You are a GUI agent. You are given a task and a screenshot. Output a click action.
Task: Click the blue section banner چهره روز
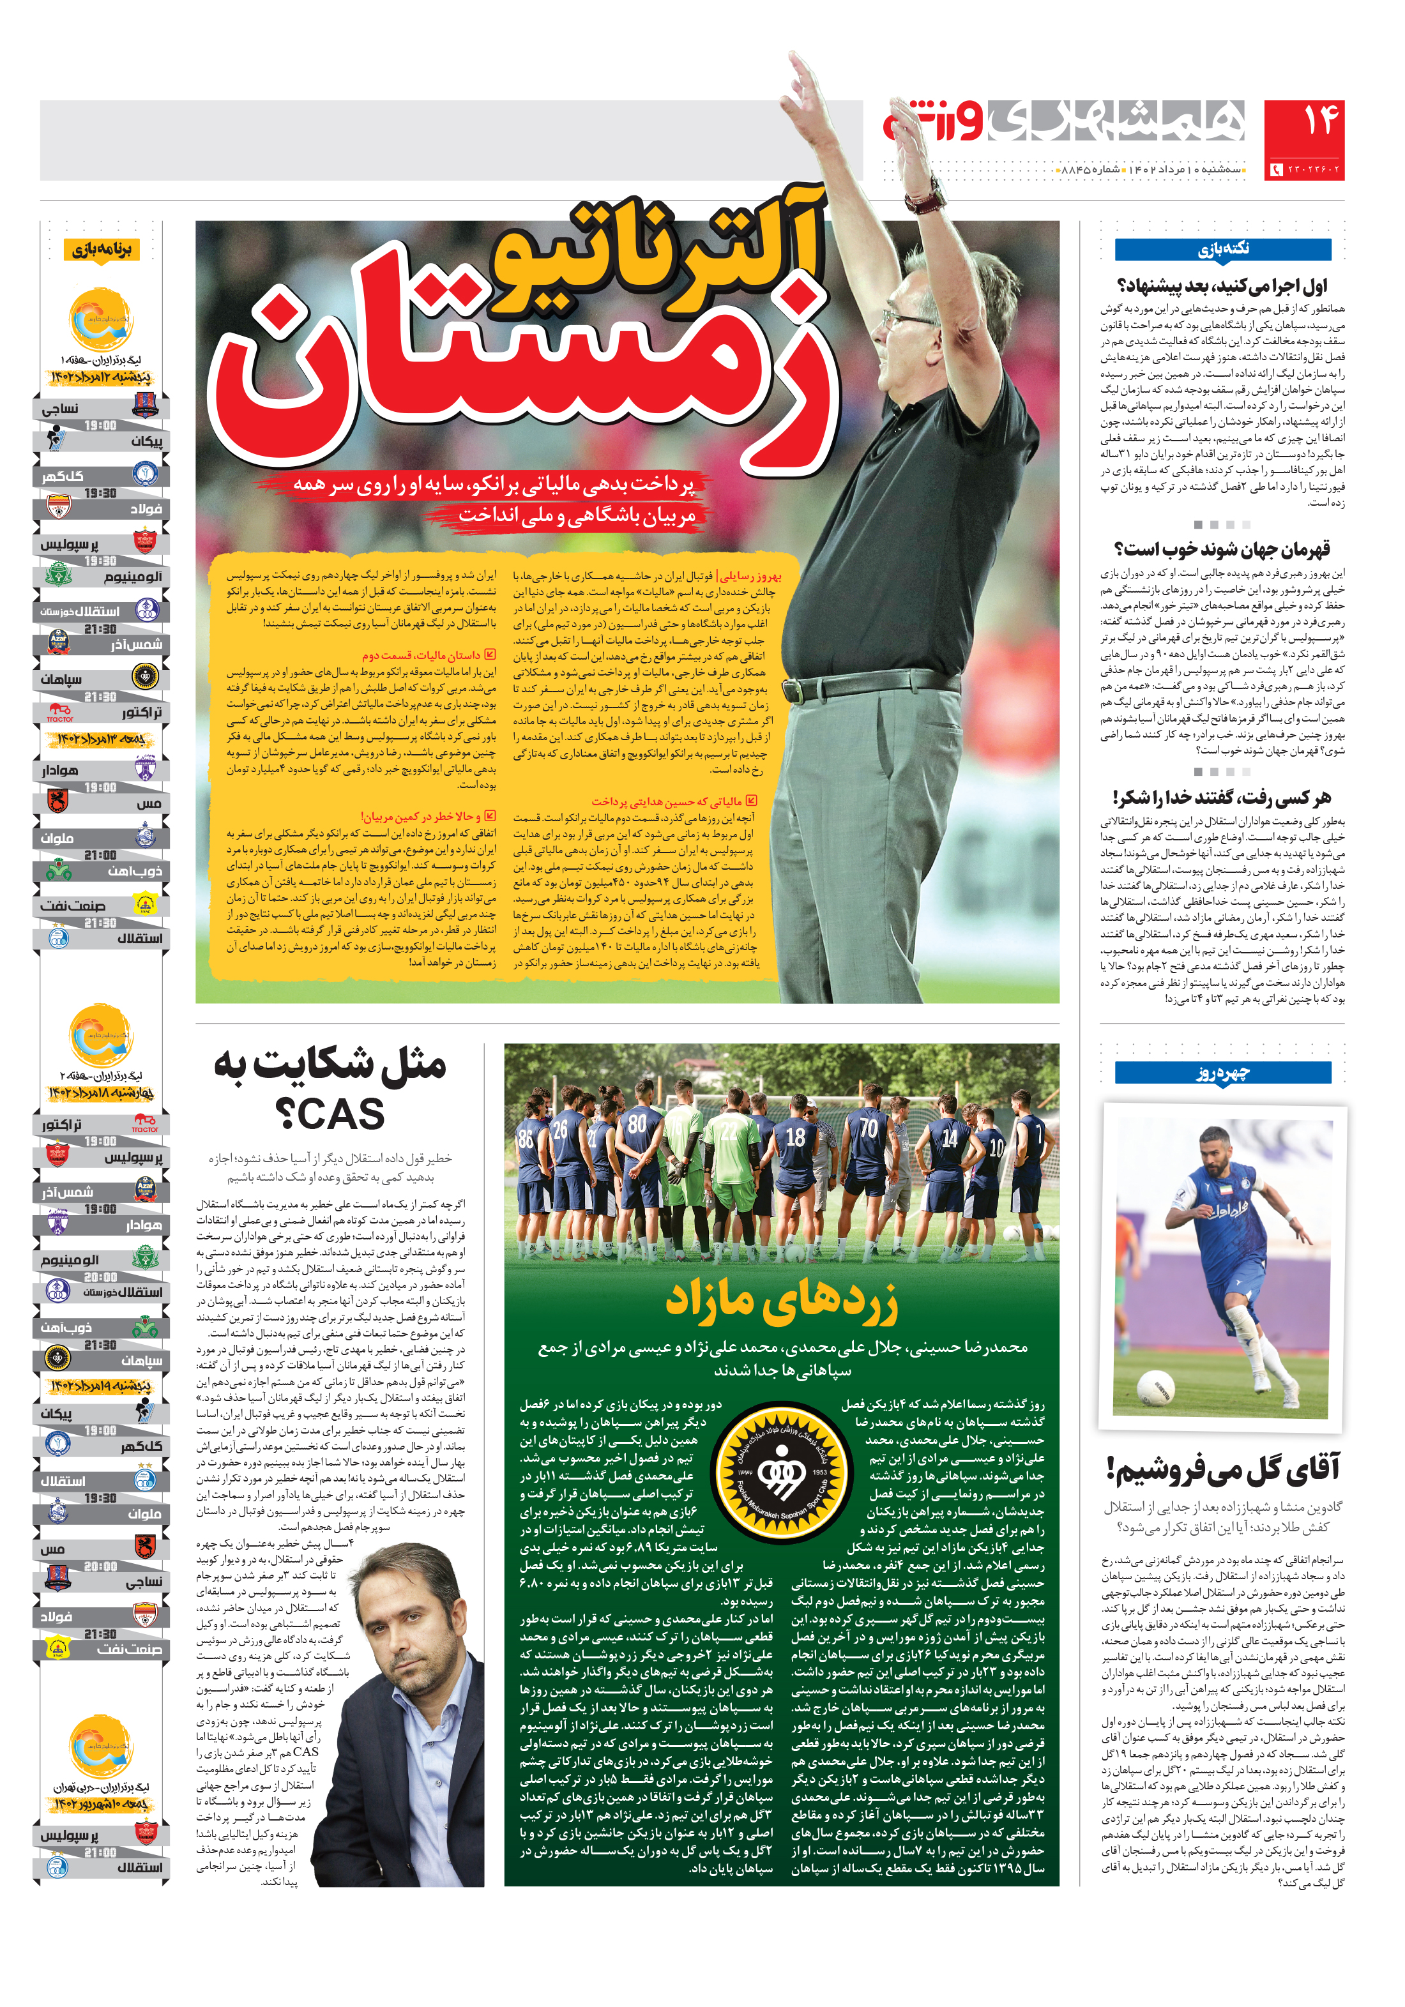(x=1222, y=1073)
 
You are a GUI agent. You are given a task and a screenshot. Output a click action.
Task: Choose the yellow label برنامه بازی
(x=102, y=251)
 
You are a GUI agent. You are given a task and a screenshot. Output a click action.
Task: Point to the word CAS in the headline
(x=330, y=1114)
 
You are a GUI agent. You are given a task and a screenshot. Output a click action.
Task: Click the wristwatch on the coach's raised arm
(x=927, y=197)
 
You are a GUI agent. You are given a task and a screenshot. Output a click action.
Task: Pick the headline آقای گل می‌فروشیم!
(x=1222, y=1470)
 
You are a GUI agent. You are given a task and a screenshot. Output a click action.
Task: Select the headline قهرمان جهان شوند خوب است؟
(x=1222, y=550)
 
